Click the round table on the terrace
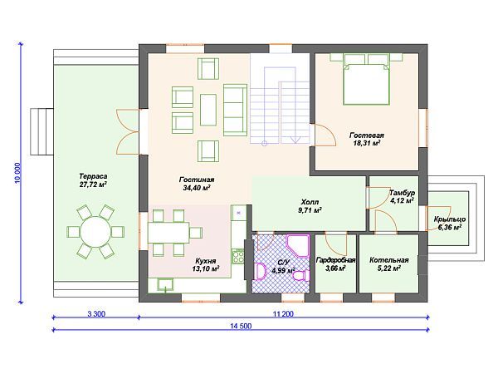[95, 232]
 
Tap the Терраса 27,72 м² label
[93, 180]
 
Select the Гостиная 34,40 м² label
[197, 184]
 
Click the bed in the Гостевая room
[366, 84]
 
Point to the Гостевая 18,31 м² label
[367, 140]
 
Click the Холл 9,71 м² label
[310, 206]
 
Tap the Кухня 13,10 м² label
[206, 265]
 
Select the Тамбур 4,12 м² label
[402, 196]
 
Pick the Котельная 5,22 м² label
[388, 264]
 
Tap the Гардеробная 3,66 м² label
[335, 264]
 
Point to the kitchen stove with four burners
[238, 257]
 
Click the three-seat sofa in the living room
[235, 110]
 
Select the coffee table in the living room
[208, 110]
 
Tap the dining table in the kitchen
[168, 233]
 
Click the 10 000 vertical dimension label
[17, 173]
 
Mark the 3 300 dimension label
[96, 314]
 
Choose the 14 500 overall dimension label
[241, 326]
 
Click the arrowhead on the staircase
[295, 140]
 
